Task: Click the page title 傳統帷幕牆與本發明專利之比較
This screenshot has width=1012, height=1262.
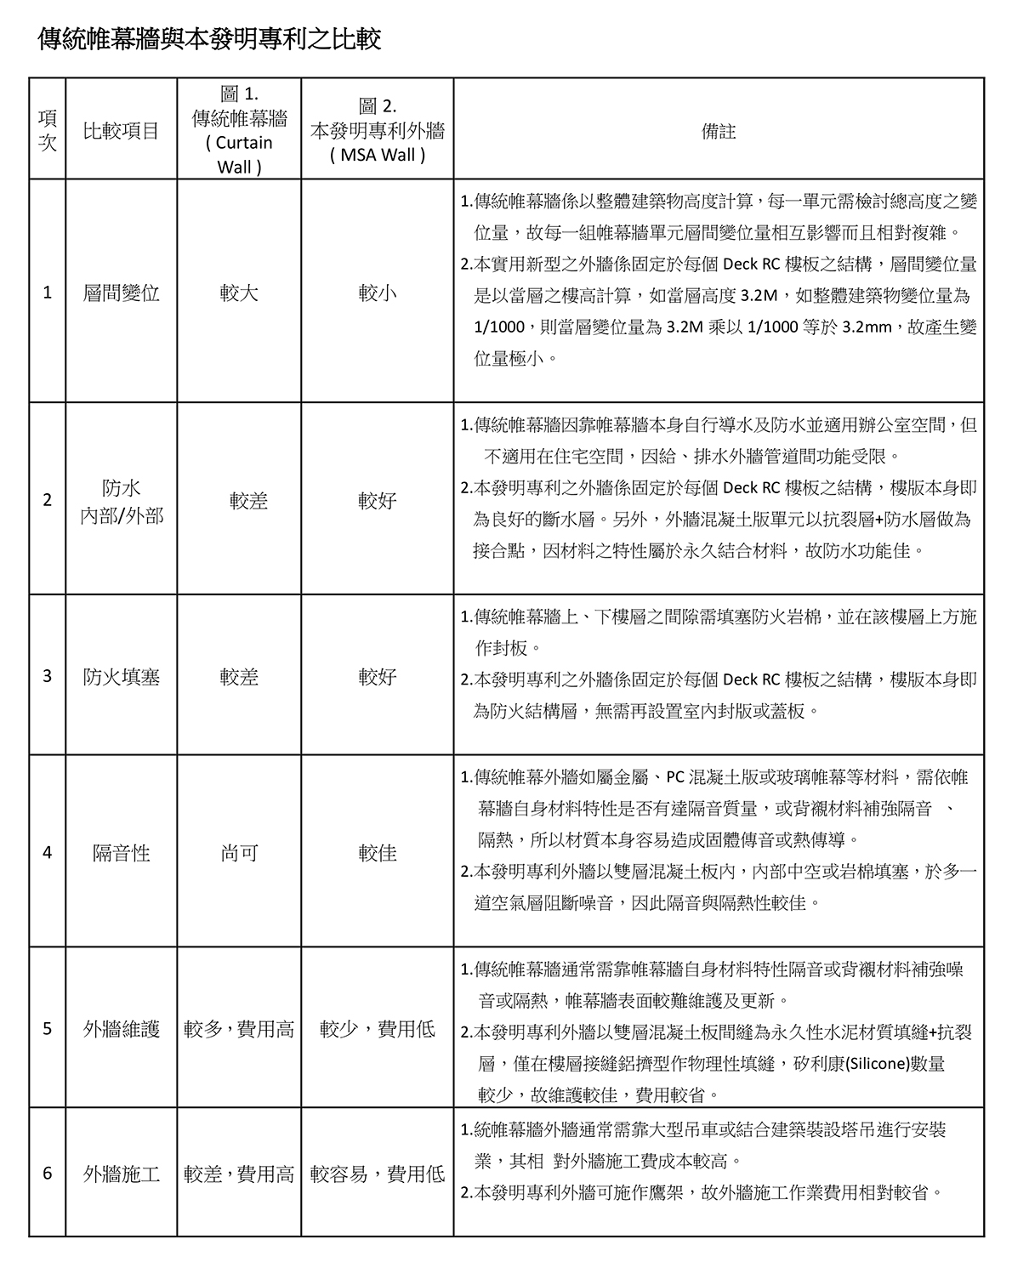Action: [209, 39]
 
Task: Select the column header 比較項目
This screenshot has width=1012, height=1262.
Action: [122, 131]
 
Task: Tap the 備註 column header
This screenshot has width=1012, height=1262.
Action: [718, 131]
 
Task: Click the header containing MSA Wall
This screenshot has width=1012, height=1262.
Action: [377, 131]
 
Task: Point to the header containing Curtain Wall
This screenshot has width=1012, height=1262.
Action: [239, 131]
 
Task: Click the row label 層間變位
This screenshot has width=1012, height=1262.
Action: [122, 293]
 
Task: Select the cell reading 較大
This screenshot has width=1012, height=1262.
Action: [239, 293]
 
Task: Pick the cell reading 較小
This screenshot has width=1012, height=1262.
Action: [377, 293]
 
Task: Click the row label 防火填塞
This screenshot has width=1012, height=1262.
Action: [122, 677]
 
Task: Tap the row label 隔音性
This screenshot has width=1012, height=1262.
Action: [122, 853]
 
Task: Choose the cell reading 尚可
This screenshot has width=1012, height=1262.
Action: [239, 853]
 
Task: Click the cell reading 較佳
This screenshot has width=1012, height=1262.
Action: [377, 853]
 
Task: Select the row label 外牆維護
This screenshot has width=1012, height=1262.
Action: [122, 1029]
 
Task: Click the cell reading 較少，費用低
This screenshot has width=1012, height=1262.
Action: [377, 1029]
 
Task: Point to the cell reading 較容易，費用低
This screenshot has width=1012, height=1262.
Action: [377, 1174]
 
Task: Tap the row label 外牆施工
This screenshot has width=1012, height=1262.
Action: [122, 1174]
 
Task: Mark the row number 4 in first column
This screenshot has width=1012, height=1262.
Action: [48, 852]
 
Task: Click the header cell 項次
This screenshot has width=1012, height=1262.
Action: [48, 131]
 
